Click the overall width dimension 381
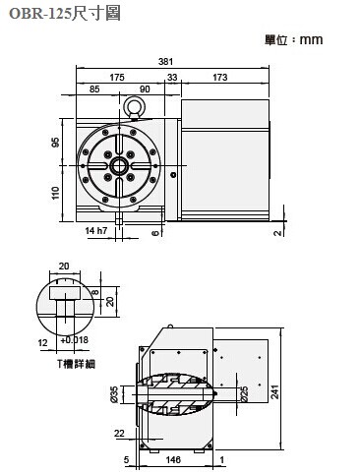tap(165, 61)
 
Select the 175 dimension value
tap(117, 78)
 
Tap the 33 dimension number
tap(172, 78)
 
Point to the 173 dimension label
tap(219, 78)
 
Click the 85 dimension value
tap(94, 89)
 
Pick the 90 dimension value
tap(145, 89)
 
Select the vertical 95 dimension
tap(55, 143)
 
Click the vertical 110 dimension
tap(55, 193)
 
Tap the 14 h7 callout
tap(96, 231)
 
